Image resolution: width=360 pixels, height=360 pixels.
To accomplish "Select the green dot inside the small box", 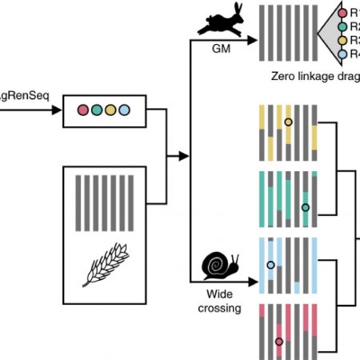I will click(95, 108).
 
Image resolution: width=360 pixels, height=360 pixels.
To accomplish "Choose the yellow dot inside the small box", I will click(109, 108).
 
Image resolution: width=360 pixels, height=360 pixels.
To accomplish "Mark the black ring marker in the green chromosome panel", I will click(305, 208).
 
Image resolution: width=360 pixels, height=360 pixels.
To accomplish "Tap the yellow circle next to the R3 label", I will click(343, 39).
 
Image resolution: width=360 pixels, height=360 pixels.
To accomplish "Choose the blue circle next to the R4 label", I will click(343, 53).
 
